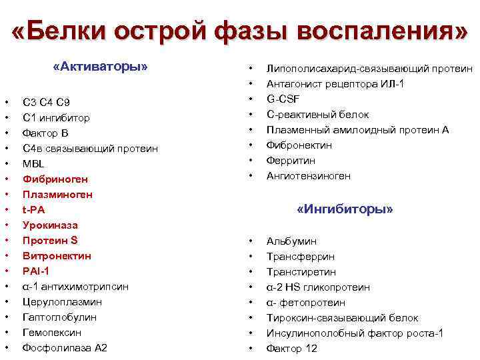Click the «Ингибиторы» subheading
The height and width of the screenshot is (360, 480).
(345, 209)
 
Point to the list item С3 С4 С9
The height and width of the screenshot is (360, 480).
(46, 102)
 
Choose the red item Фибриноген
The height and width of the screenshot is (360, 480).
(55, 179)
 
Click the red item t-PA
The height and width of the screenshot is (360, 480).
(34, 210)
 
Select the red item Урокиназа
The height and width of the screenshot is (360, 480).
(50, 225)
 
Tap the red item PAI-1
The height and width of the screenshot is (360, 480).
(36, 271)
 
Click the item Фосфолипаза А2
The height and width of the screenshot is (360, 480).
(65, 348)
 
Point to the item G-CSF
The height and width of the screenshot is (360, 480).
(283, 99)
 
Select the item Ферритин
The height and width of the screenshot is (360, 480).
(291, 161)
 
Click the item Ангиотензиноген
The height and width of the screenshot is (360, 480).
(308, 176)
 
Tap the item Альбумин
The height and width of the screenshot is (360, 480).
(291, 241)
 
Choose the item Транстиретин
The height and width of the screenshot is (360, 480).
(301, 272)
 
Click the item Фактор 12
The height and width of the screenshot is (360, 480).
(292, 349)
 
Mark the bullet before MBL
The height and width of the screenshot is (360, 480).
(6, 164)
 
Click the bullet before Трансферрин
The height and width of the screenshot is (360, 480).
(251, 257)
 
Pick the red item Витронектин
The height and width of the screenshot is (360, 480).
(57, 256)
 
